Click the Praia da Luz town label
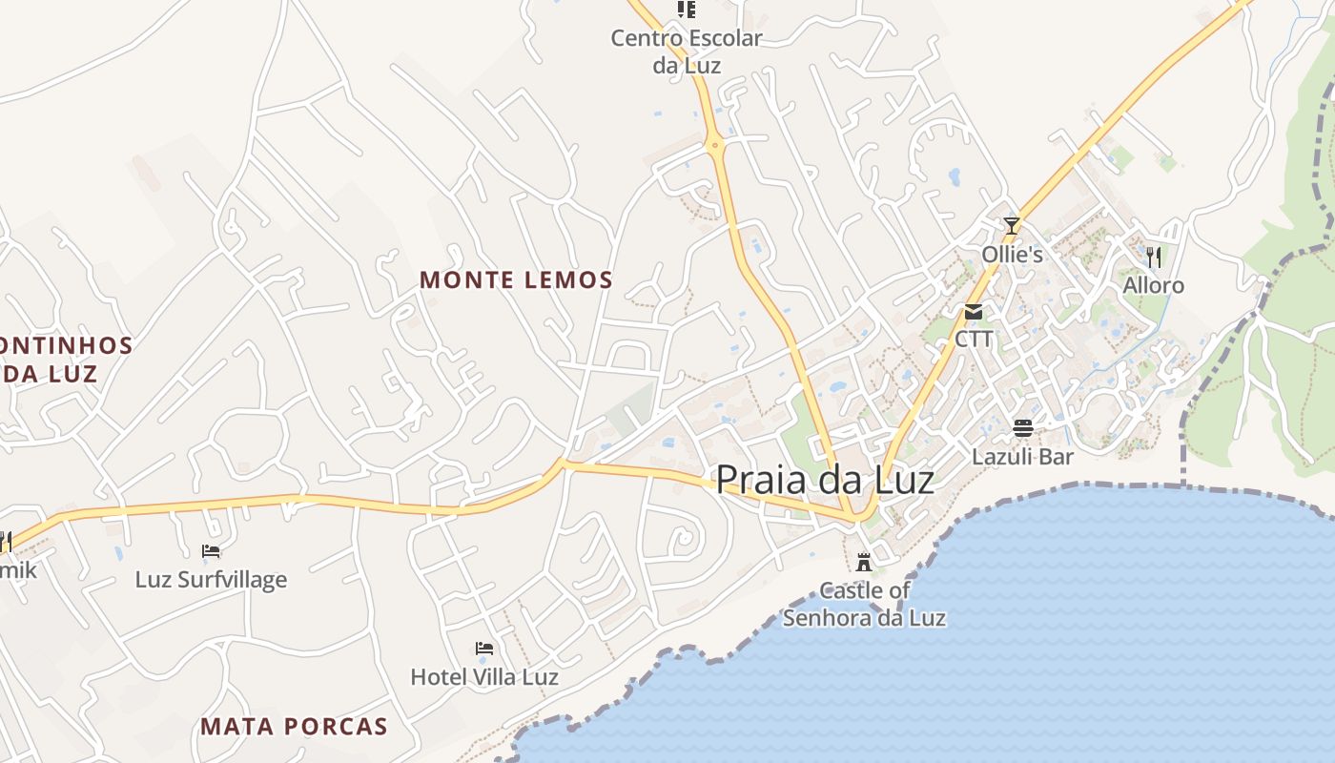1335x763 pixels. (x=825, y=479)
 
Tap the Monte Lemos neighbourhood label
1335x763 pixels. (x=516, y=279)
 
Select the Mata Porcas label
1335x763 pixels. (x=294, y=727)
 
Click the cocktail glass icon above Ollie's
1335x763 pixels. (x=1012, y=226)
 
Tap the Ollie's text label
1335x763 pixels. (x=1012, y=255)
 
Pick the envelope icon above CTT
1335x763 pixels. (x=974, y=312)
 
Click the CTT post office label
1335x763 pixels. (x=974, y=339)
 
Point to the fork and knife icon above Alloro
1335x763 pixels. (x=1154, y=257)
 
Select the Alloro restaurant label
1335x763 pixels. (x=1153, y=285)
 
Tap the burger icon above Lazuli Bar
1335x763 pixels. (x=1023, y=427)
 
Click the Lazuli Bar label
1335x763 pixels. (x=1023, y=456)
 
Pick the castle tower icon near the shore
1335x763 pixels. (x=864, y=562)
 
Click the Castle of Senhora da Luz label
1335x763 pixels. (x=864, y=604)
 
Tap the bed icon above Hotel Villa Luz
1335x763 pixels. (x=484, y=649)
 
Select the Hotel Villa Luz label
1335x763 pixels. (x=484, y=677)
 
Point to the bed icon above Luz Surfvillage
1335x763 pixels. (x=211, y=551)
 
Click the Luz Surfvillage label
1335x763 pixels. (x=211, y=579)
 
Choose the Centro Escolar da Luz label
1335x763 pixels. (x=687, y=52)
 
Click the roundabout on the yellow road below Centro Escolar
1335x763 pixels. (x=715, y=146)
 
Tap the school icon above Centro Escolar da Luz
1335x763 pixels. (x=687, y=10)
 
